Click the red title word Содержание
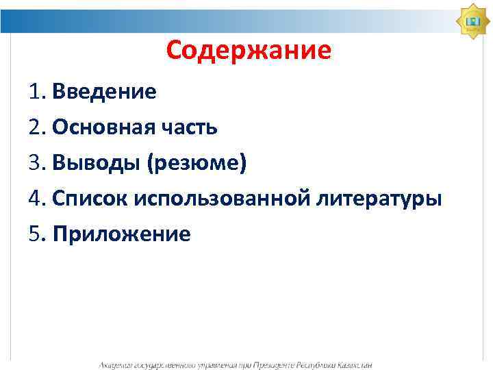[x=249, y=50]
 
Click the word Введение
[x=104, y=91]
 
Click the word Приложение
[x=121, y=235]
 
